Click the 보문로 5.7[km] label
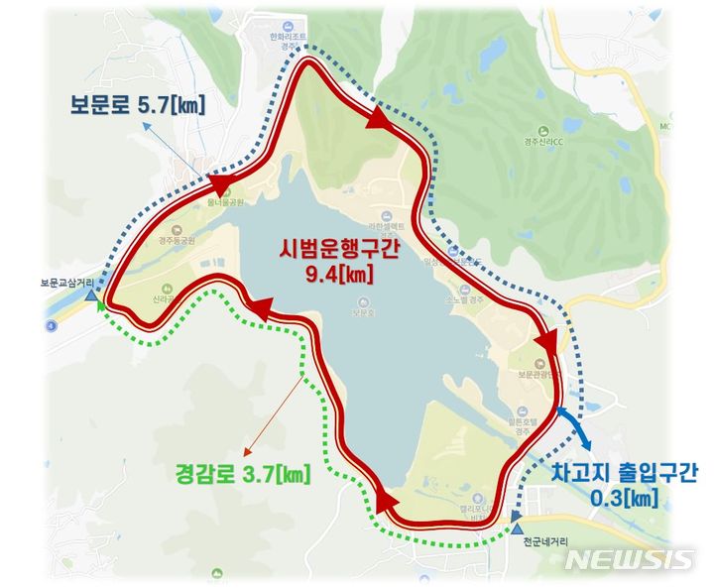pos(136,103)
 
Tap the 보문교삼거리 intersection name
pos(68,283)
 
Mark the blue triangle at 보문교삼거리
pos(92,295)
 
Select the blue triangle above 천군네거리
pos(517,517)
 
